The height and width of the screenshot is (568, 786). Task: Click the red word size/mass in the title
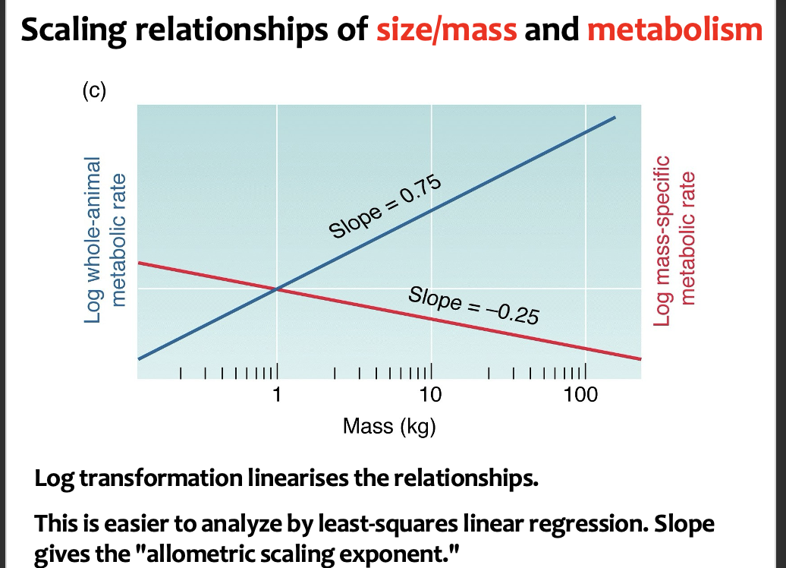(447, 30)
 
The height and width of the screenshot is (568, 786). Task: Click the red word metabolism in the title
(674, 30)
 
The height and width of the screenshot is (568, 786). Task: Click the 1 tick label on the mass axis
(277, 396)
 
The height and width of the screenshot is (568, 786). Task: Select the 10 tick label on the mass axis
(430, 396)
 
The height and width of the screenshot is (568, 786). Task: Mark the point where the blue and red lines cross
(277, 289)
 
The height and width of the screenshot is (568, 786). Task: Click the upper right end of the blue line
(615, 118)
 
